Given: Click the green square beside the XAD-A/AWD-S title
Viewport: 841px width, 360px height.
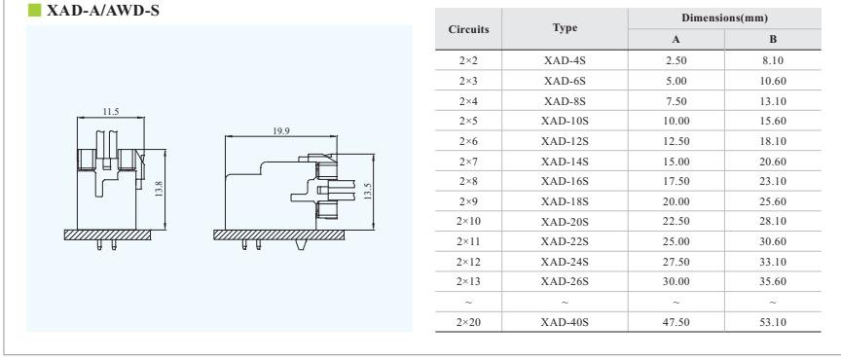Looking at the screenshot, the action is point(34,10).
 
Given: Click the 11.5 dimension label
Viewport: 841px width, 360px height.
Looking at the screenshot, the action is point(111,112).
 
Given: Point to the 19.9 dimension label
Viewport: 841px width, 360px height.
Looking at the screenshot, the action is point(281,131).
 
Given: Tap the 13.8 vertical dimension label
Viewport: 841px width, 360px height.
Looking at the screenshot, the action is point(160,189).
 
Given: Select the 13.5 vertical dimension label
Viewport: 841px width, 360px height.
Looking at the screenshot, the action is point(367,192).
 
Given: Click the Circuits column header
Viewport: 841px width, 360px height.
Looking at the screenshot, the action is point(469,29).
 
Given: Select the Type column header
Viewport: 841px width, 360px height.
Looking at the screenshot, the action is point(565,28).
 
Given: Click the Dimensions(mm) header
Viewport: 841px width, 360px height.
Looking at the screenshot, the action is point(724,18).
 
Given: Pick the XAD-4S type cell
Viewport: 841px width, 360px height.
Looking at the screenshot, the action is point(565,60).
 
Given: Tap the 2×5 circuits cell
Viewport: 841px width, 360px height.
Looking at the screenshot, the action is point(468,122).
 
